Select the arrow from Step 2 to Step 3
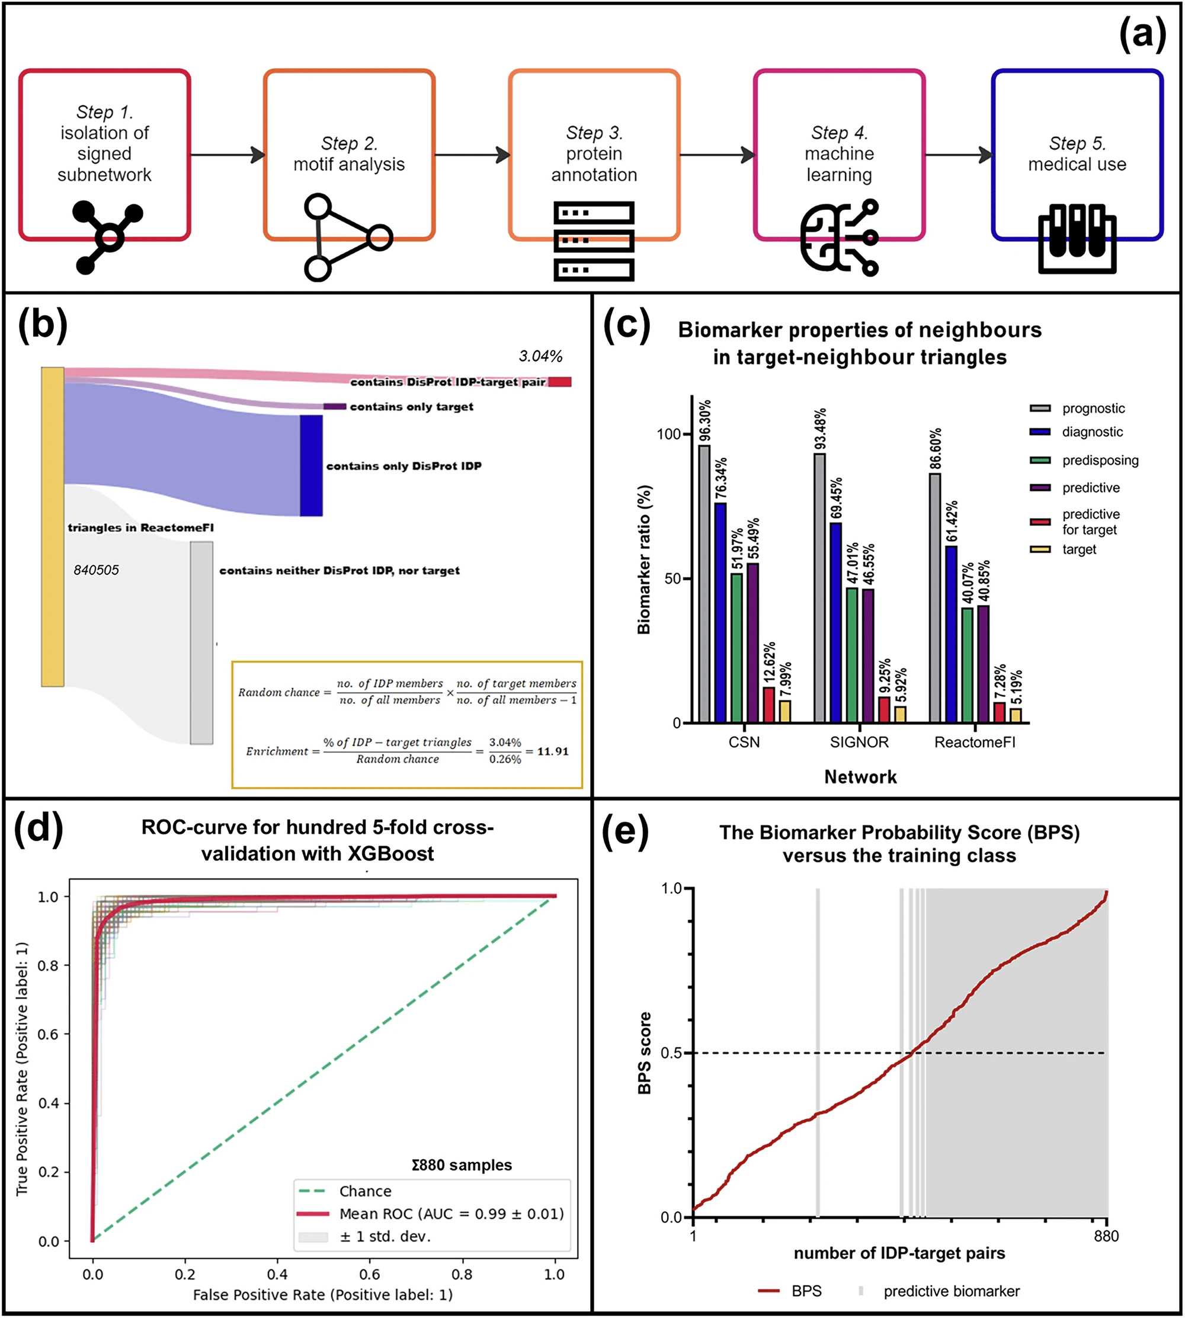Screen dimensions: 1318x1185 tap(472, 155)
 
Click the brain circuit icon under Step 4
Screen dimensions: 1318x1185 tap(839, 238)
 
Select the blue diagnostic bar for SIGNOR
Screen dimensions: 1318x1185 tap(835, 622)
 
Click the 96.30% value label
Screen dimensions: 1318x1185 tap(705, 421)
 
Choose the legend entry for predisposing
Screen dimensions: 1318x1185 tap(1100, 460)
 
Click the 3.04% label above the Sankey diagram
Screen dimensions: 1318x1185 tap(540, 356)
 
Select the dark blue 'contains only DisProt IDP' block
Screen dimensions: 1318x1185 tap(311, 466)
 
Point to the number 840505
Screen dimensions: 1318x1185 tap(97, 570)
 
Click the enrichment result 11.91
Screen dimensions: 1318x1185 tap(553, 751)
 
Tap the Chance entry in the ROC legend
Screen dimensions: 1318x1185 tap(364, 1191)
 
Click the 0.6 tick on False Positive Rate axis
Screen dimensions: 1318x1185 tap(370, 1274)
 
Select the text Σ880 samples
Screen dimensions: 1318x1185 tap(462, 1165)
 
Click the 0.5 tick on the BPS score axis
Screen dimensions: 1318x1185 tap(671, 1053)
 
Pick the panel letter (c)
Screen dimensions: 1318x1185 tap(626, 324)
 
